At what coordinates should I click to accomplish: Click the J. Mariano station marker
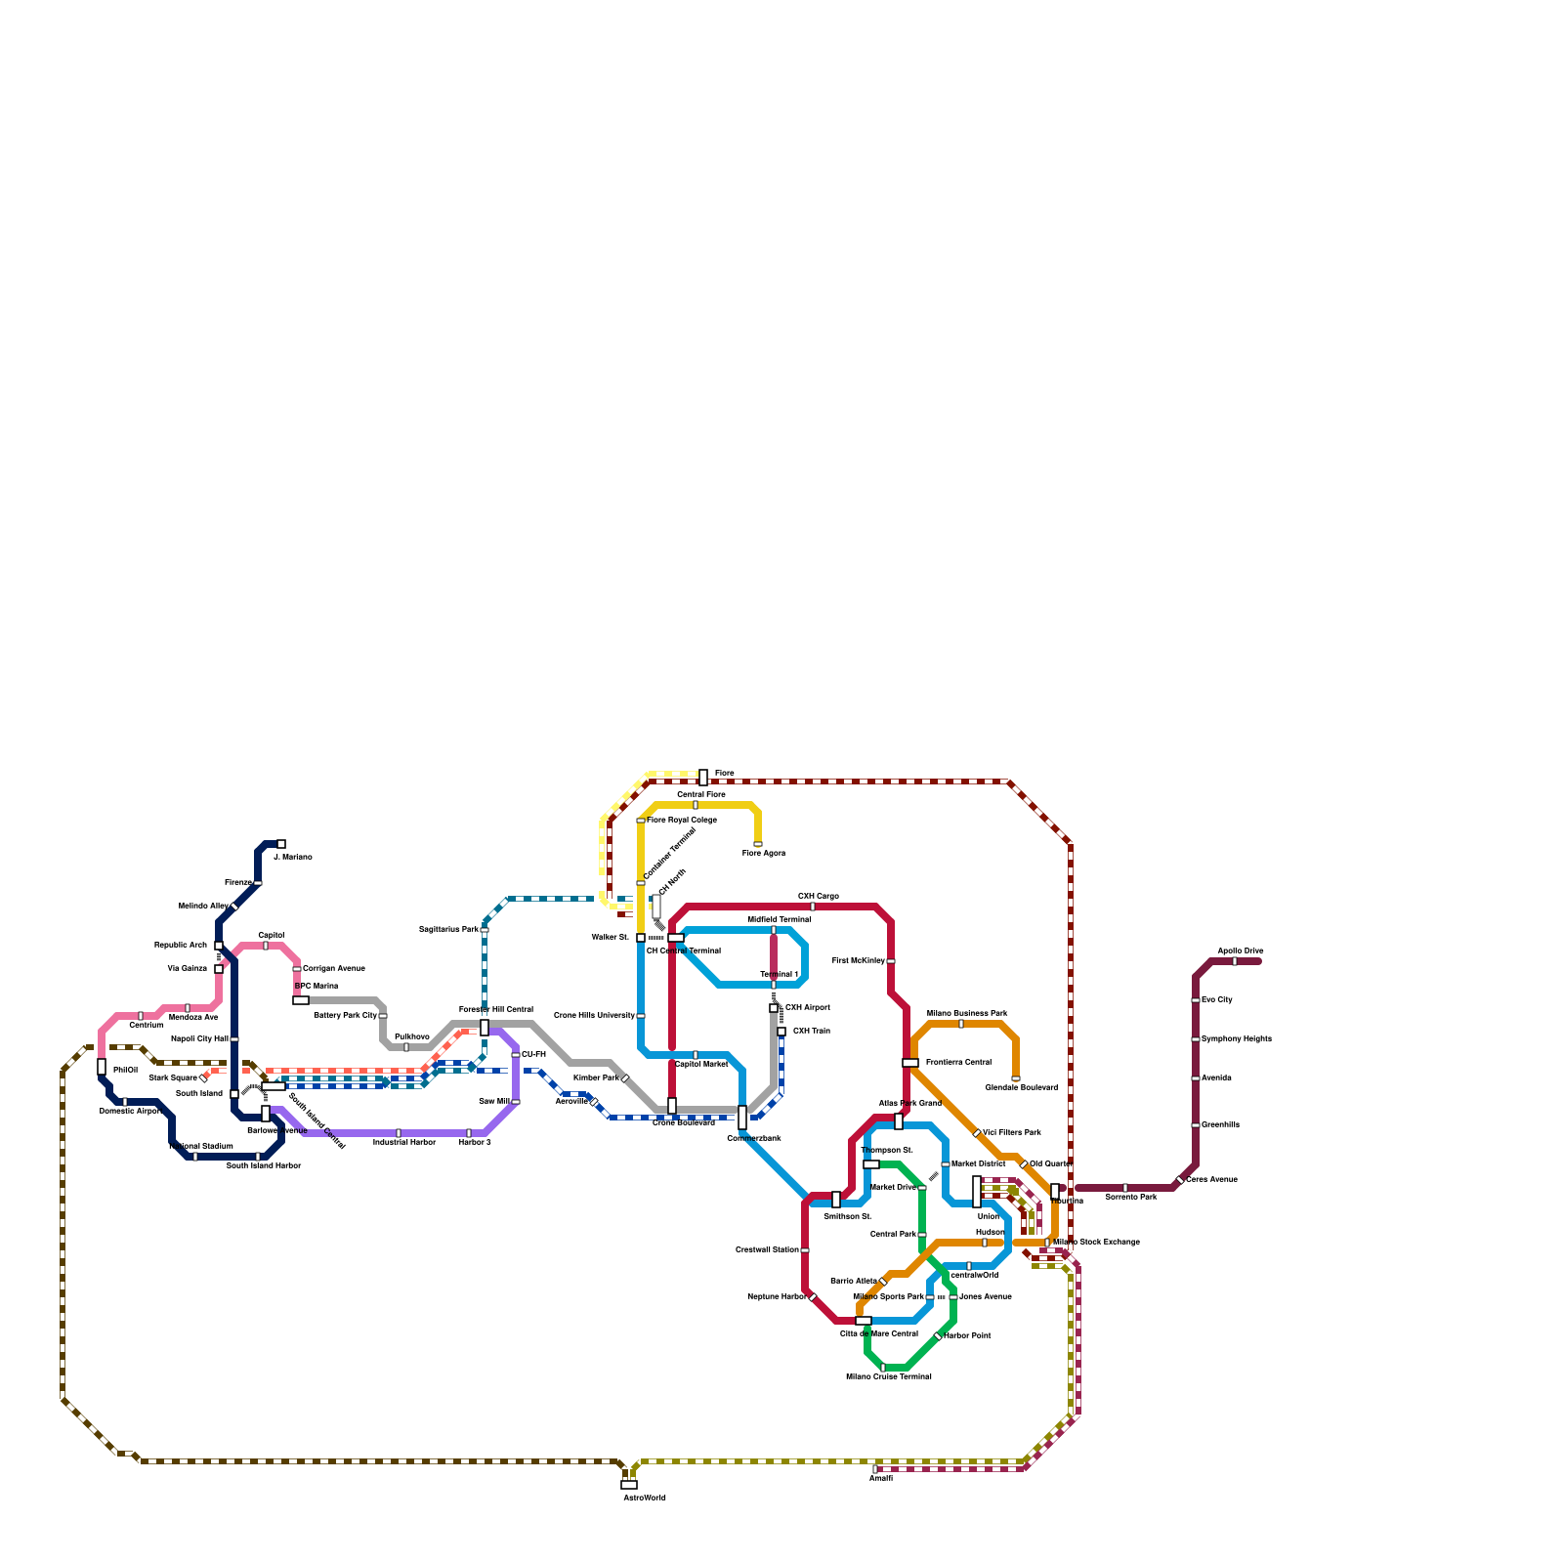click(281, 844)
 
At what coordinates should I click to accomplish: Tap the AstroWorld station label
click(644, 1498)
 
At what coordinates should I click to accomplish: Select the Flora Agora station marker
click(758, 844)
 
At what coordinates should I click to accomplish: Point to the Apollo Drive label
click(1240, 950)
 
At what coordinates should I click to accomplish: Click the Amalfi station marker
click(875, 1468)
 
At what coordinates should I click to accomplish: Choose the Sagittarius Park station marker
click(485, 929)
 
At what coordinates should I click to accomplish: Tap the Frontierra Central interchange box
click(910, 1063)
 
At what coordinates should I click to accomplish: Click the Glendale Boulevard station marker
click(1016, 1078)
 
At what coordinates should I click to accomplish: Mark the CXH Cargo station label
click(818, 896)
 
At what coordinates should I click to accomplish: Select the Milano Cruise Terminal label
click(888, 1377)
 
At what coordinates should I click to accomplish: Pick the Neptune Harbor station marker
click(813, 1296)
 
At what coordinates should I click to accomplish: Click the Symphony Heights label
click(1236, 1039)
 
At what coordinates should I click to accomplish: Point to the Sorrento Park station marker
click(1125, 1188)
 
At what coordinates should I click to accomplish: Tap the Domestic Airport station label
click(130, 1112)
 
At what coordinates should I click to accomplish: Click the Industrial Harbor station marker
click(399, 1133)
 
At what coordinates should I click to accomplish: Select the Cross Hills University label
click(594, 1016)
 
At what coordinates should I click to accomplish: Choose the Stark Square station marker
click(203, 1077)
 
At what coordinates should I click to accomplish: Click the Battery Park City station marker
click(383, 1016)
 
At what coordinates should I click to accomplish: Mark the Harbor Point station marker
click(938, 1335)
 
